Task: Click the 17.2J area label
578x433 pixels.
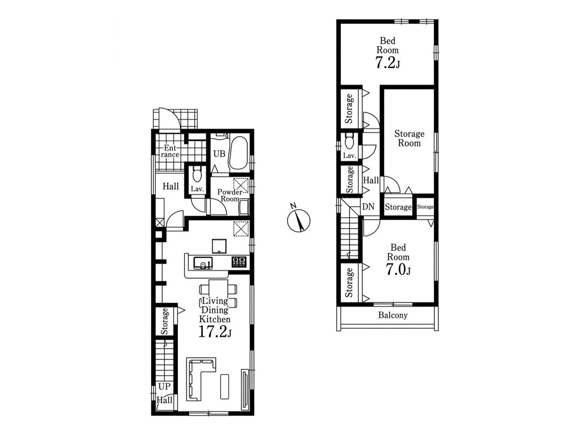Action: pos(215,332)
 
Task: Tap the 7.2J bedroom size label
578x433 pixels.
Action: pos(387,63)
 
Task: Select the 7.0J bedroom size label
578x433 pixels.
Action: pos(398,269)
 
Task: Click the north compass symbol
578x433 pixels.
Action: pos(298,219)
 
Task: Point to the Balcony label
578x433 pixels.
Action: pos(393,315)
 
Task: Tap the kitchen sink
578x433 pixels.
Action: pos(203,263)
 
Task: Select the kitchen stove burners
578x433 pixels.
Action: pos(239,262)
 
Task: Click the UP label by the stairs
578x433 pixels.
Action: pos(164,387)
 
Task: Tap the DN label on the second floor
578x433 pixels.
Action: pos(368,207)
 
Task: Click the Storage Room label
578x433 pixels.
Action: pos(409,138)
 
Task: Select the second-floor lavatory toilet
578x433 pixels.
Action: pos(350,141)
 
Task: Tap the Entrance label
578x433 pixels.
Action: pos(170,151)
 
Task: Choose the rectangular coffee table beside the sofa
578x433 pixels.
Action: pos(224,390)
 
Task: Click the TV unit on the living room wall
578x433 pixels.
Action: pos(245,393)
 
